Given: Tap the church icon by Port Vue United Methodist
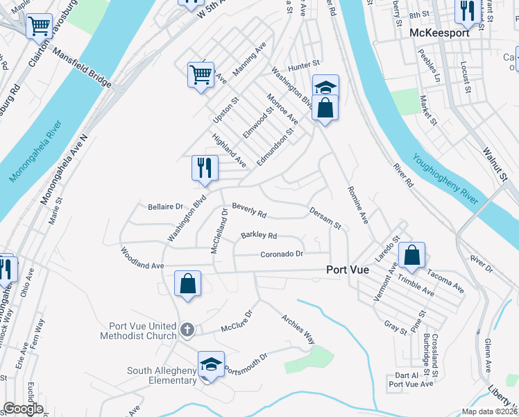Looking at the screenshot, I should click(187, 329).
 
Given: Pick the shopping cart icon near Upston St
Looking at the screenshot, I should click(201, 73).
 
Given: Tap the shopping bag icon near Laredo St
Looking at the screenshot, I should click(412, 255).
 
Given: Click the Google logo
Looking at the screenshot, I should click(23, 409).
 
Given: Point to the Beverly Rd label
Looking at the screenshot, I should click(249, 208).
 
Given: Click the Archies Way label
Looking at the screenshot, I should click(298, 329).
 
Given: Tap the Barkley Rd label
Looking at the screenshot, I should click(259, 236).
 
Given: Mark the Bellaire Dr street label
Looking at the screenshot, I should click(164, 206).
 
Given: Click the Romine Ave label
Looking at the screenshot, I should click(357, 204).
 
